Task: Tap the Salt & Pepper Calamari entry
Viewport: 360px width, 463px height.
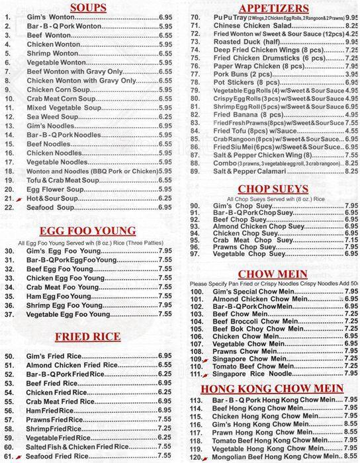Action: (252, 170)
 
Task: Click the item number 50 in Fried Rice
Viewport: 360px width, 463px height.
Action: (9, 356)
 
